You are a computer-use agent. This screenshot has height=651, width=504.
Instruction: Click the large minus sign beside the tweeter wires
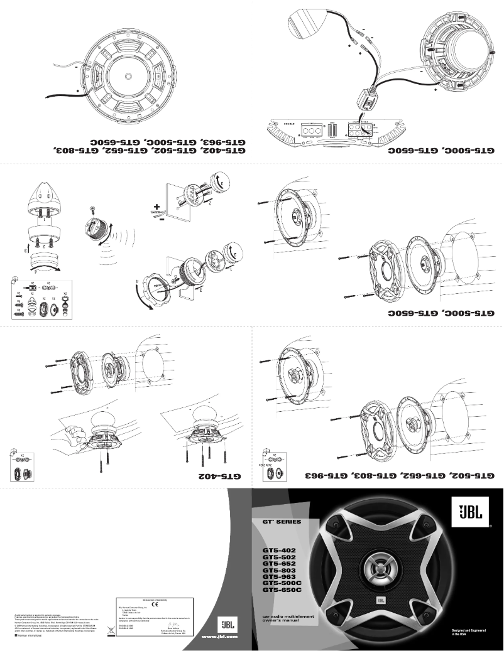coord(162,220)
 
